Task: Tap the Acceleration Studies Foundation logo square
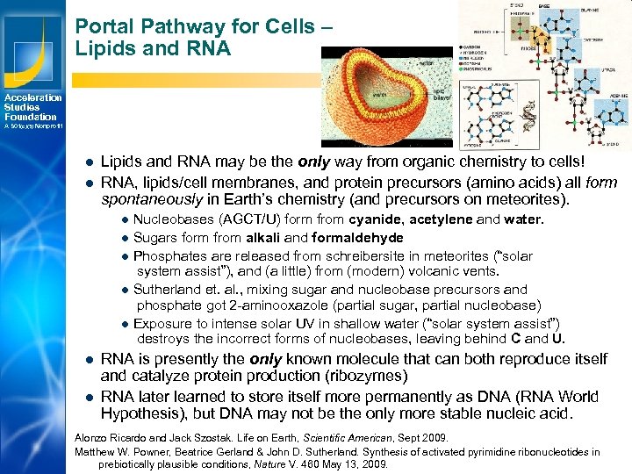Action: pyautogui.click(x=32, y=44)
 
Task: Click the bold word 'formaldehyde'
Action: pyautogui.click(x=360, y=238)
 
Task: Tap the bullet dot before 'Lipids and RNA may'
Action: pyautogui.click(x=90, y=162)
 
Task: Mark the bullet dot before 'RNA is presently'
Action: pyautogui.click(x=90, y=360)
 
